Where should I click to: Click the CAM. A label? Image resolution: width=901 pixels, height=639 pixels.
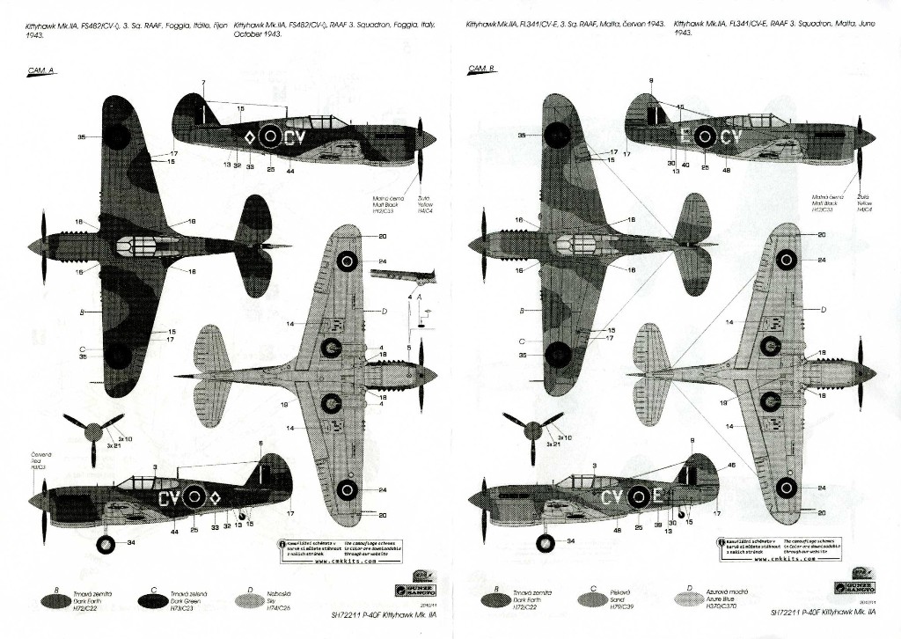[x=42, y=70]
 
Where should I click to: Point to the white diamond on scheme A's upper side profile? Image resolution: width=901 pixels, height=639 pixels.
[x=248, y=136]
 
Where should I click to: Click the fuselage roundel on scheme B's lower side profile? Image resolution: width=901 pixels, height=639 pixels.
[x=638, y=498]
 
